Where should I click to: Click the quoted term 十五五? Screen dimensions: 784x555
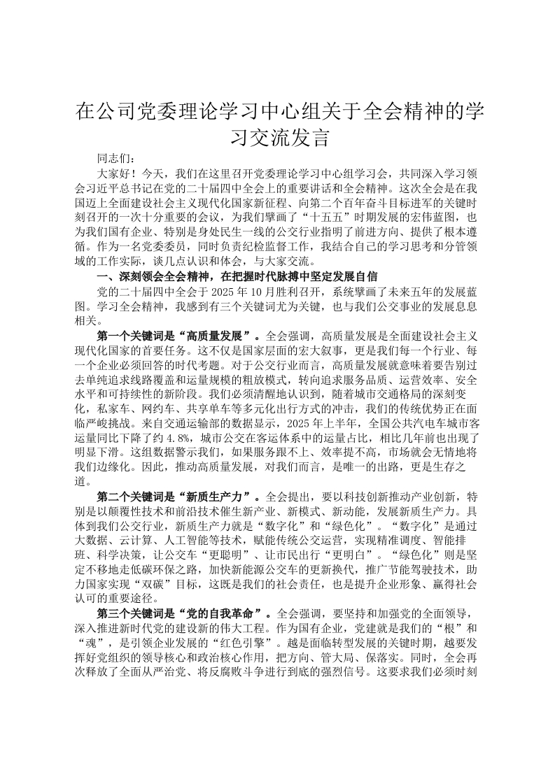(x=319, y=218)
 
